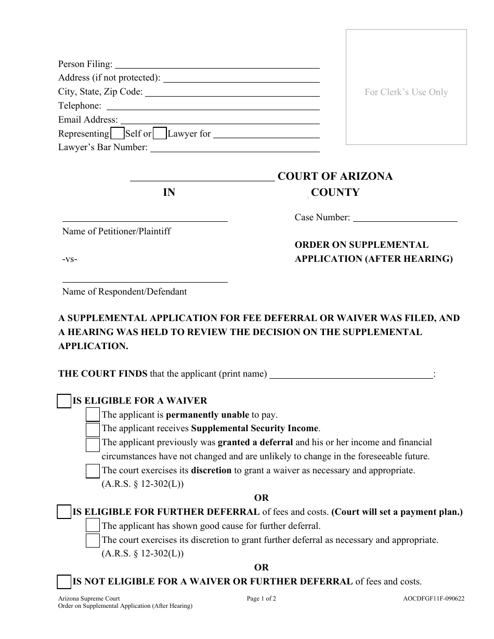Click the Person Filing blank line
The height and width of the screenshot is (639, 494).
pos(216,64)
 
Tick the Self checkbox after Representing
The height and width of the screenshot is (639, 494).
pos(118,134)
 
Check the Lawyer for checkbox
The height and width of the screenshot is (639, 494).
pos(160,134)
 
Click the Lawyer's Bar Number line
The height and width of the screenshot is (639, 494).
pos(235,148)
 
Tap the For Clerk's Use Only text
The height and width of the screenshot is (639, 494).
pos(406,92)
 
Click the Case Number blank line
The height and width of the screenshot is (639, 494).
pos(405,218)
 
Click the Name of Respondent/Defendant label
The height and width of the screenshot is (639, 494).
pos(124,291)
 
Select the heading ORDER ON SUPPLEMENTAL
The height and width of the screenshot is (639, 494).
pos(361,245)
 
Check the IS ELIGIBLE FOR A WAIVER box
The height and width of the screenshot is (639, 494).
pos(64,401)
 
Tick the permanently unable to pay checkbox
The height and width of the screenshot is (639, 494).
pos(93,415)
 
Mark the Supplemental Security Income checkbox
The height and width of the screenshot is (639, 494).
pos(93,429)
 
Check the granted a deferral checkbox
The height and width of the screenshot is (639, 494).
pos(93,444)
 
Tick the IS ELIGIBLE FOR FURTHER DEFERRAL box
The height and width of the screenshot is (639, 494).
pos(64,512)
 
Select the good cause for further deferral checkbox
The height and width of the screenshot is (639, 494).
pos(93,526)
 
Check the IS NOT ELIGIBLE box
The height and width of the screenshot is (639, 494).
pos(64,582)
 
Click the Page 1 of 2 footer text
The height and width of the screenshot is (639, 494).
pos(262,598)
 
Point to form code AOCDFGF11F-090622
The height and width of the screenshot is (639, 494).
pos(430,598)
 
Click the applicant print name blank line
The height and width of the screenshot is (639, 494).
pos(351,374)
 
